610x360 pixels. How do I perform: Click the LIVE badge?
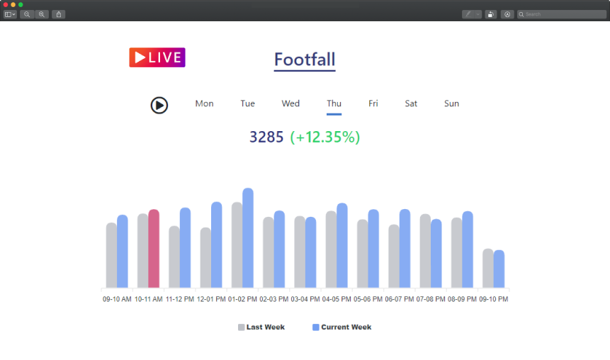[x=157, y=57]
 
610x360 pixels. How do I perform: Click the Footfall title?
[x=305, y=60]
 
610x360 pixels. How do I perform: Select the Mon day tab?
[x=204, y=103]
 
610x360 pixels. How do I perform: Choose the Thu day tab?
[x=334, y=103]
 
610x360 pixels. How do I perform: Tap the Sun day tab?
[x=451, y=103]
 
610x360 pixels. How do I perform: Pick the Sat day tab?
[x=411, y=103]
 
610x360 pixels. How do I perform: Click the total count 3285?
[x=266, y=137]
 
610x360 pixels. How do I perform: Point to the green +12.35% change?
[x=325, y=137]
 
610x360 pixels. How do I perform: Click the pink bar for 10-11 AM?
[x=154, y=249]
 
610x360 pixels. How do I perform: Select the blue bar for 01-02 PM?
[x=247, y=238]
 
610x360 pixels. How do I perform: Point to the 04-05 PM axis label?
[x=337, y=299]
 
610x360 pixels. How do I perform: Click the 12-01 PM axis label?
[x=211, y=299]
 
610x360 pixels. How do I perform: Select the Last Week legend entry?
[x=261, y=327]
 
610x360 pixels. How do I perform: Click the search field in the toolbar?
[x=564, y=14]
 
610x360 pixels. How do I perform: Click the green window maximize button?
[x=21, y=4]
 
